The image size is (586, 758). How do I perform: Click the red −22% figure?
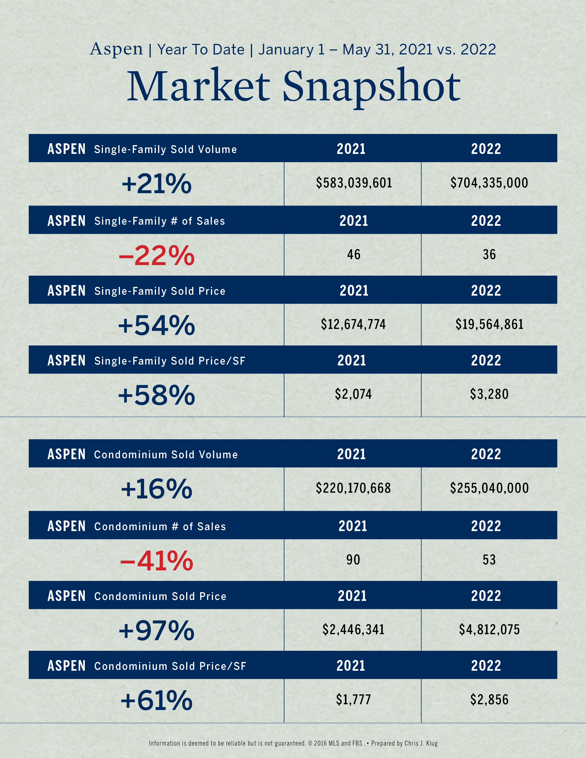coord(156,255)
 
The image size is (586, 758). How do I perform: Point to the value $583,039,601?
coord(354,183)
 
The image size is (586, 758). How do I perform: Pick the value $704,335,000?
coord(489,183)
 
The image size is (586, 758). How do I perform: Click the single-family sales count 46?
coord(354,255)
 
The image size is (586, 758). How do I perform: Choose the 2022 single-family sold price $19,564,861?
coord(489,324)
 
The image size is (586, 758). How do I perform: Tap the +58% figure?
coord(156,395)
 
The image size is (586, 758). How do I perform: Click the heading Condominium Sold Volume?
coord(166,455)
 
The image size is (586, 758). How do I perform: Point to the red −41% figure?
coord(156,561)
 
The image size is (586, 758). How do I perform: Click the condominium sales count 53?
coord(489,560)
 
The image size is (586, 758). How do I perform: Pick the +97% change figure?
coord(156,631)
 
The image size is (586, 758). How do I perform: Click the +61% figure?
coord(156,700)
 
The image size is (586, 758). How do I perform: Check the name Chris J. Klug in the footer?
coord(421,743)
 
